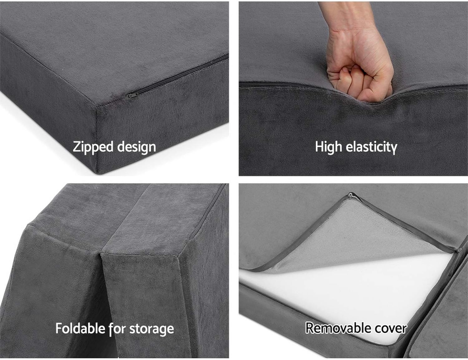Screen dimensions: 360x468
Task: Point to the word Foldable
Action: [x=80, y=328]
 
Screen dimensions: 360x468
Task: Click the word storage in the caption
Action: [x=152, y=328]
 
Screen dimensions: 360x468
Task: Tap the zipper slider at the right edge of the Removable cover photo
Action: [x=459, y=250]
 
